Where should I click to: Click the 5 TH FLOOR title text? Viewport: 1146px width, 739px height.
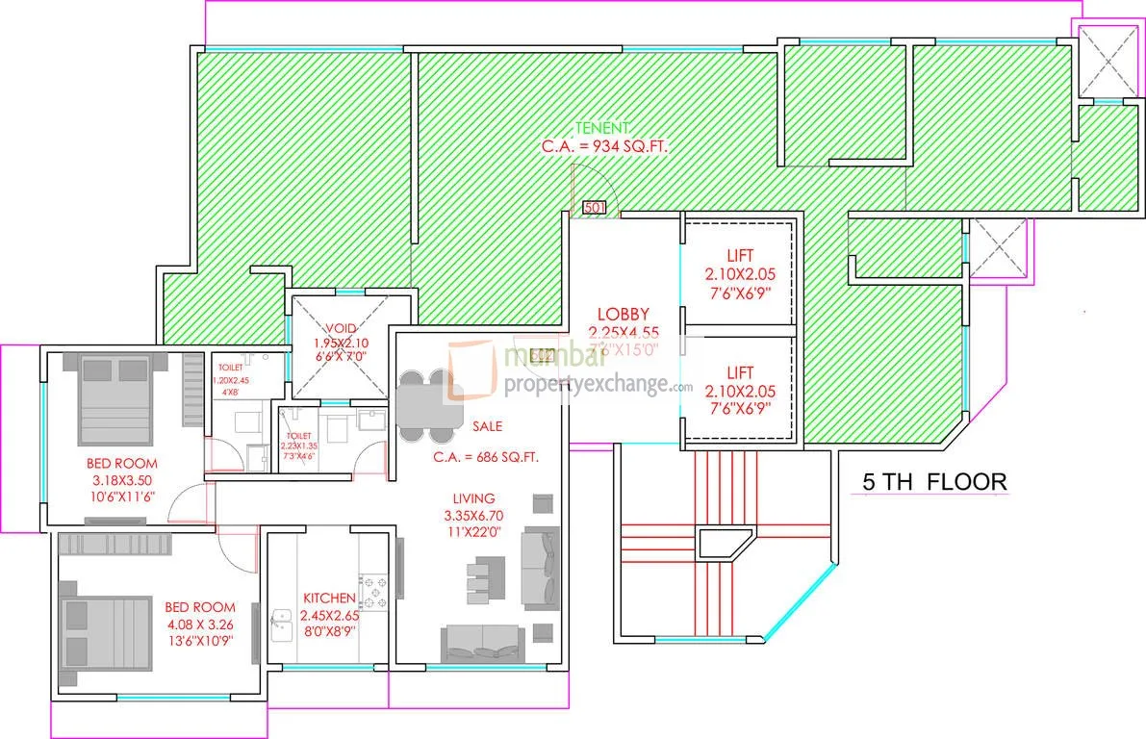933,482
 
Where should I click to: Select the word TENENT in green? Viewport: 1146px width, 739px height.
603,128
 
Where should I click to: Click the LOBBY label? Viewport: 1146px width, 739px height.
623,314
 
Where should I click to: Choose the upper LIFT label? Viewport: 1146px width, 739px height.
740,256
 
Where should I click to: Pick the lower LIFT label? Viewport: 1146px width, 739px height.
740,372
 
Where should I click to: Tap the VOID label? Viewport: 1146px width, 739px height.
340,327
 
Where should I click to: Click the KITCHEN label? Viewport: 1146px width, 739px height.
328,598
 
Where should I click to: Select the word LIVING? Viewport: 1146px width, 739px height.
474,498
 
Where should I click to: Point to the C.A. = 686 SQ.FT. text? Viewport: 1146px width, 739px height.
484,457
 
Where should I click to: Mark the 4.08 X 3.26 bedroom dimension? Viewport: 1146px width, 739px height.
200,624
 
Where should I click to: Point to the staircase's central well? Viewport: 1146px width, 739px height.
725,543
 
